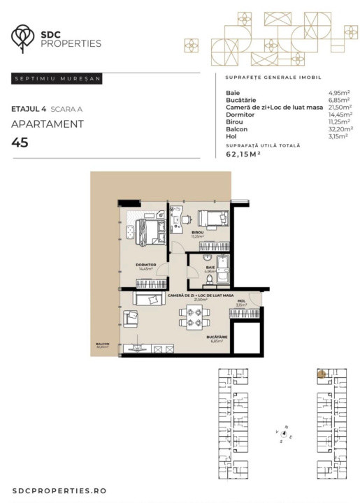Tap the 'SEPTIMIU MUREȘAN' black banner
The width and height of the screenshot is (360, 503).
57,79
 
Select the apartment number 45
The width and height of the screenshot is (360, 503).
20,143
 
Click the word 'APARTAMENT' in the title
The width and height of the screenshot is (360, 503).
48,124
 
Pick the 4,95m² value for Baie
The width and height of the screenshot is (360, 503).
340,92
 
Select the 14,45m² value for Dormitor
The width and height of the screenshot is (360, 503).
340,114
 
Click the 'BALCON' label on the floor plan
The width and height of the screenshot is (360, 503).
103,344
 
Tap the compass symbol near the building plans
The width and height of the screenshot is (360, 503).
284,433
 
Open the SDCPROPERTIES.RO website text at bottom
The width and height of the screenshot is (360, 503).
59,491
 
